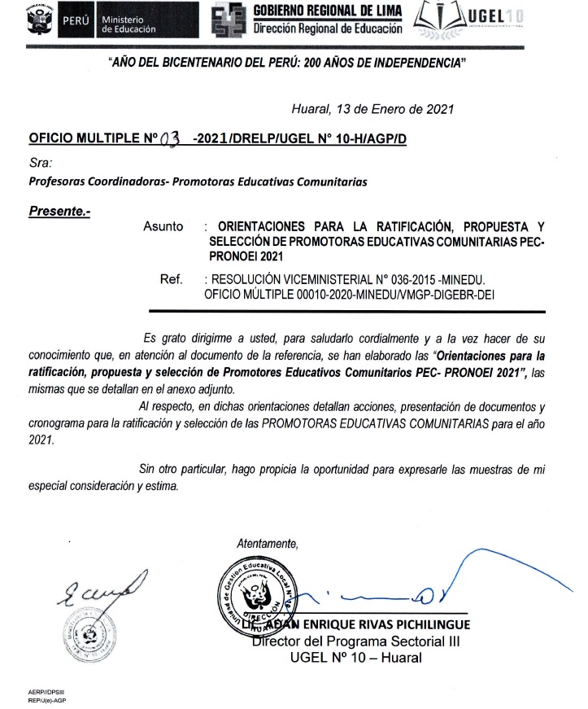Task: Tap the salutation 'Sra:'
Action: (40, 163)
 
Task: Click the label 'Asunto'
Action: (163, 226)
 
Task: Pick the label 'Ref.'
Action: (171, 279)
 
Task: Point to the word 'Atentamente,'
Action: (266, 542)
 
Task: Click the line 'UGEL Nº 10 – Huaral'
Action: (356, 657)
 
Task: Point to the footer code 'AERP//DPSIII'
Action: (46, 691)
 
